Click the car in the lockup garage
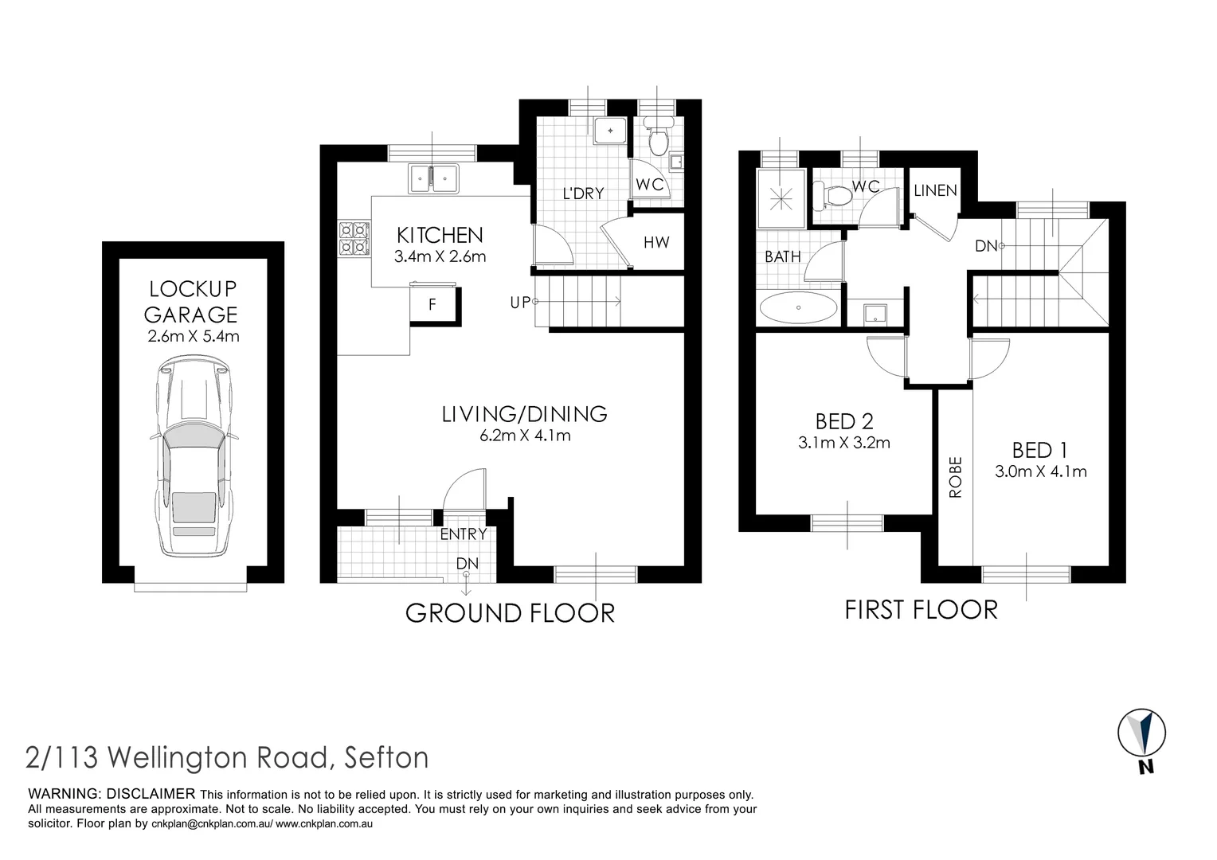[x=193, y=457]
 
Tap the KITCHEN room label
[x=440, y=235]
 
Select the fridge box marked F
[x=432, y=304]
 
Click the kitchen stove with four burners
[x=355, y=238]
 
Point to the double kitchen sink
[x=433, y=178]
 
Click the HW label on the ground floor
[x=656, y=243]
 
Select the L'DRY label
[x=583, y=193]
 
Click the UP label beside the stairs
[x=519, y=303]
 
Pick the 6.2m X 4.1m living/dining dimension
[x=525, y=436]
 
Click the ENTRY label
[x=463, y=534]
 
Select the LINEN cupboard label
[x=935, y=191]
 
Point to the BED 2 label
[x=844, y=420]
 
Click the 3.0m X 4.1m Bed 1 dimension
[x=1040, y=471]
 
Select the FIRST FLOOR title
[x=920, y=610]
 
